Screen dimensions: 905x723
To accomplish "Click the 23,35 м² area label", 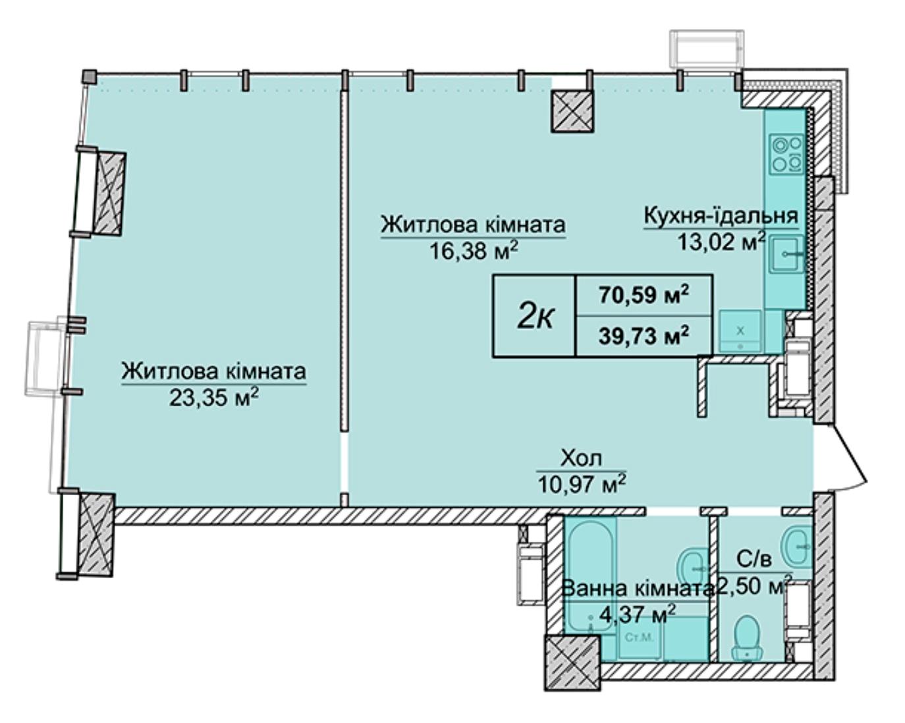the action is (213, 396).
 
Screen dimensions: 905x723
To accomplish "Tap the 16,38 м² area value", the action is (473, 250).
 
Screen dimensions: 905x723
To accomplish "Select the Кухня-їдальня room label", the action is (721, 215).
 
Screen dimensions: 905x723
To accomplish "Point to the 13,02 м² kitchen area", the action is (721, 242).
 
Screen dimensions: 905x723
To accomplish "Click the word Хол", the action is (581, 458).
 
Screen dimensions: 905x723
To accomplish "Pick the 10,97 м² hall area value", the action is (582, 483).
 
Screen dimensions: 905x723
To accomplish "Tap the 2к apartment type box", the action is (535, 315).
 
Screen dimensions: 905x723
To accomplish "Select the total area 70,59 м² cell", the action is (644, 296).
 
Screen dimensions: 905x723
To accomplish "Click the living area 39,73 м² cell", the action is (644, 336).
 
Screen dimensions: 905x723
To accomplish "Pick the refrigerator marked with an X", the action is (740, 332).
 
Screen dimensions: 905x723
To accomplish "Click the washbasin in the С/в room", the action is (796, 546).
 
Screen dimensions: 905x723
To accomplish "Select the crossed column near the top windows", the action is (572, 111).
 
